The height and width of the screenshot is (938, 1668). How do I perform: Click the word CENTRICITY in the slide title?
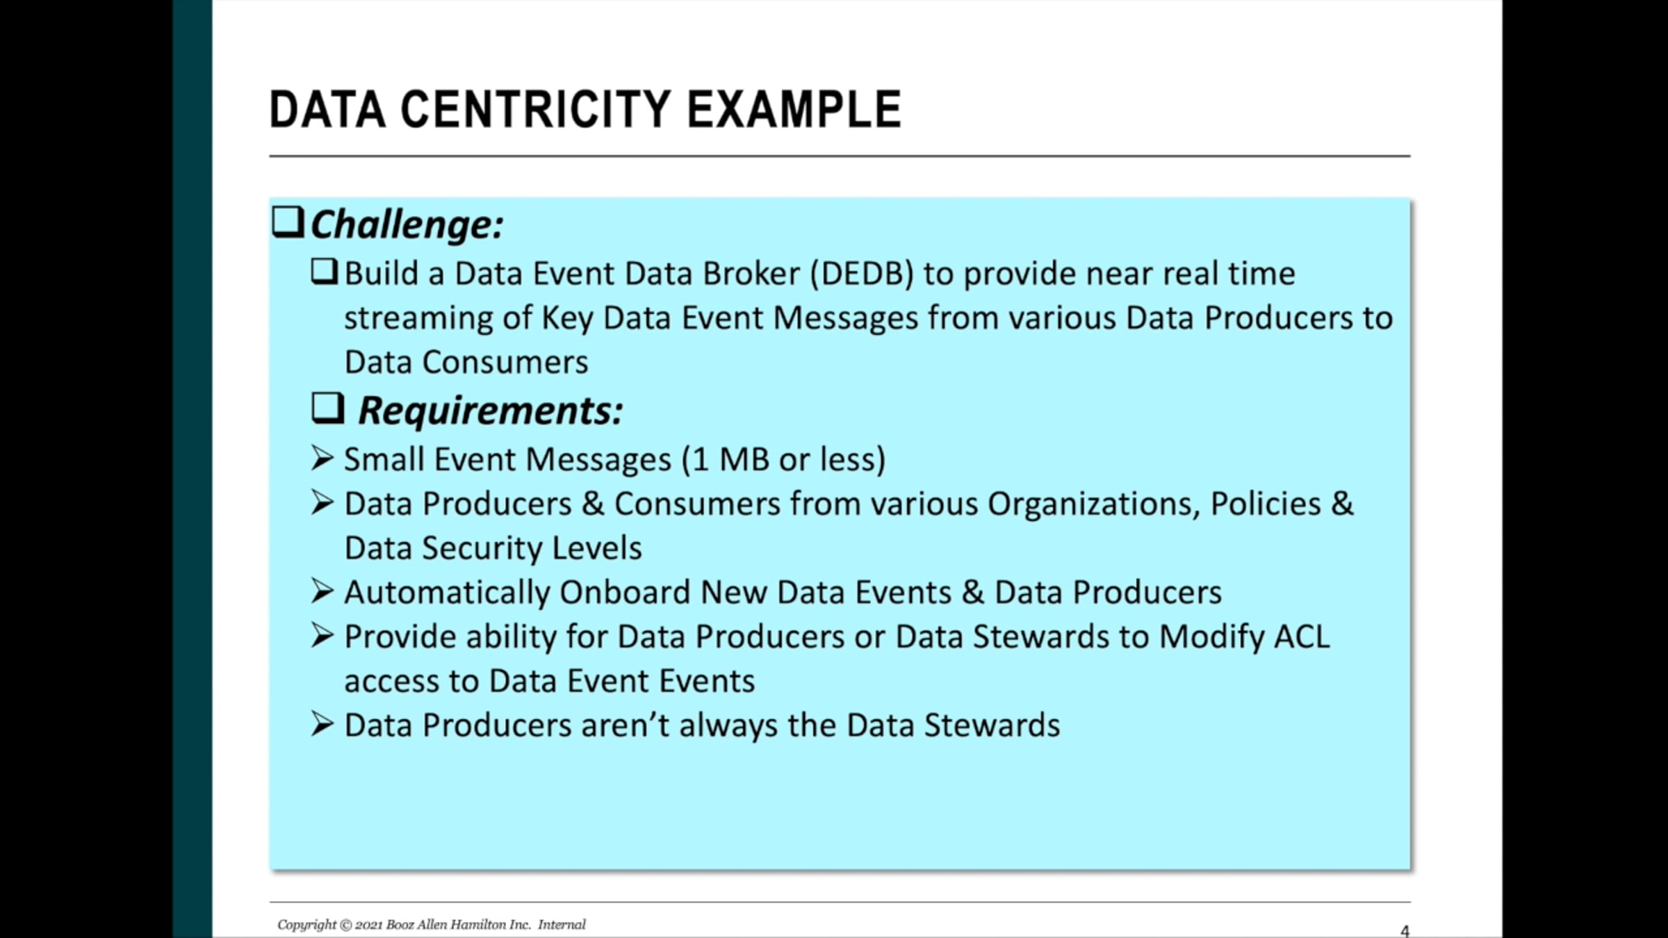536,110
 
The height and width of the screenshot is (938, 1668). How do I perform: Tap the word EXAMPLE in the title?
794,110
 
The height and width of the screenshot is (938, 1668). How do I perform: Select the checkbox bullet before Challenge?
288,222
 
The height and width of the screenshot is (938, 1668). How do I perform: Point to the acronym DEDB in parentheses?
862,273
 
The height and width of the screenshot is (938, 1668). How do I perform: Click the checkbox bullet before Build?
325,272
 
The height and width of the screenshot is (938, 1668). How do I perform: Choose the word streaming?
418,319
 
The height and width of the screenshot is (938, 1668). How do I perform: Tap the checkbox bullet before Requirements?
328,409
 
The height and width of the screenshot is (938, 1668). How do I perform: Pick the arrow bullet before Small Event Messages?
322,458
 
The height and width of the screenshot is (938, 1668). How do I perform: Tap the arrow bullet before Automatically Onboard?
322,591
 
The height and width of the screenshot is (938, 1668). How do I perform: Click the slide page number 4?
1405,931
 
